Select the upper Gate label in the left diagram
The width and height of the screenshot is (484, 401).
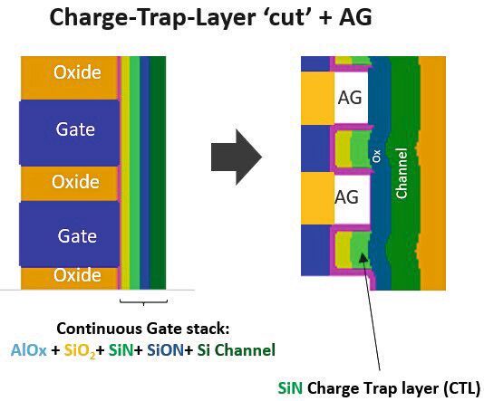pos(75,129)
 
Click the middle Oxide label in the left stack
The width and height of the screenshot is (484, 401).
pos(75,181)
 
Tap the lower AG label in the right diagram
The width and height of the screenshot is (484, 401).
pos(347,196)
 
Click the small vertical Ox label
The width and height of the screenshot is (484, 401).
pos(376,157)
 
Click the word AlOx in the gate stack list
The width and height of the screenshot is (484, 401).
pos(28,348)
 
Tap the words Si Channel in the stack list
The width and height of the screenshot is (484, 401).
pos(242,348)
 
